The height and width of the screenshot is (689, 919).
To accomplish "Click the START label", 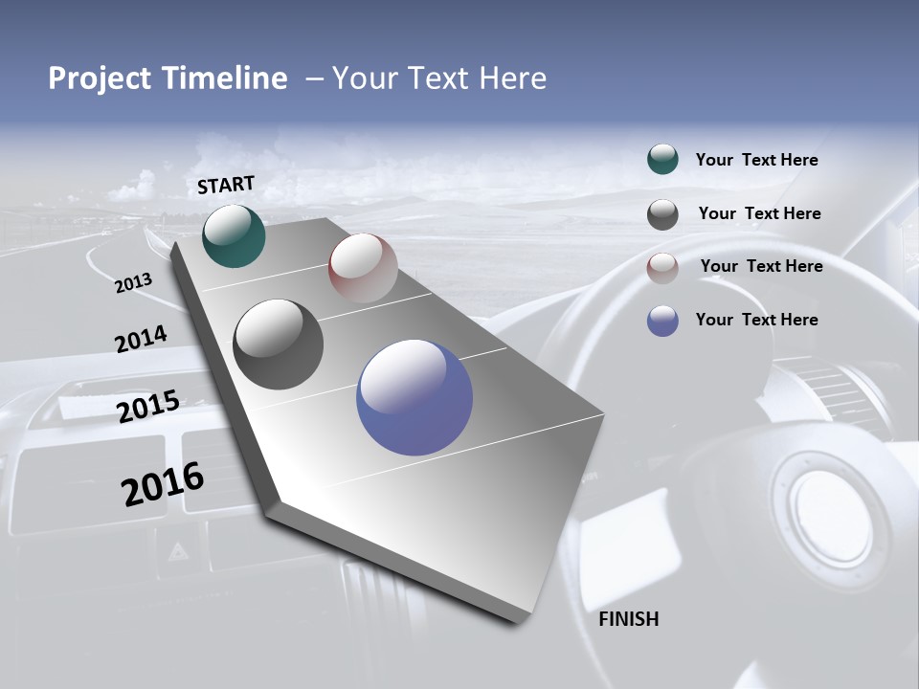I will [x=226, y=185].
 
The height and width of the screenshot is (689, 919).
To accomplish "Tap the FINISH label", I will [x=629, y=619].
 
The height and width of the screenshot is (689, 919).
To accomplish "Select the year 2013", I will [x=134, y=283].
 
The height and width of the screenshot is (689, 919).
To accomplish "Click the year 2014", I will [x=141, y=340].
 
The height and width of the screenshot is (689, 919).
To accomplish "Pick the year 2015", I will [x=148, y=407].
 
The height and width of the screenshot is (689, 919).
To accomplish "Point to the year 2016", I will [x=163, y=483].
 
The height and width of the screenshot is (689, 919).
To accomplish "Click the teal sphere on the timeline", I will [x=235, y=235].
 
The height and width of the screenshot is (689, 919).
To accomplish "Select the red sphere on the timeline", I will [x=363, y=268].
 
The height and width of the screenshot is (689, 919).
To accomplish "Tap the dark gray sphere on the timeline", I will [x=279, y=344].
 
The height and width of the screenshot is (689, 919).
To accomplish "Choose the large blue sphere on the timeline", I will [x=415, y=397].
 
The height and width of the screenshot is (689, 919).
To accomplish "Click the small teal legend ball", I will [x=662, y=159].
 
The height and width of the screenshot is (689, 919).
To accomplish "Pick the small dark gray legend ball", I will [x=662, y=214].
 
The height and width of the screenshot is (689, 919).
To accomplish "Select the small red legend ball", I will [x=662, y=268].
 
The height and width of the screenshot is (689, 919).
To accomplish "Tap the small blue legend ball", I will [x=662, y=321].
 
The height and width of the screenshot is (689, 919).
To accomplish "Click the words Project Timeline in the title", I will [x=168, y=78].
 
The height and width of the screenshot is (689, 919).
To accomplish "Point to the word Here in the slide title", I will [x=512, y=78].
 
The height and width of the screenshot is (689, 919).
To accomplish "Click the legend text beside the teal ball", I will [x=756, y=160].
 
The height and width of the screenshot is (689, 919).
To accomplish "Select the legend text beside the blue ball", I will [x=756, y=320].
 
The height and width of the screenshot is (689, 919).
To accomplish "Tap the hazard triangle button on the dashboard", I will [x=178, y=551].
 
